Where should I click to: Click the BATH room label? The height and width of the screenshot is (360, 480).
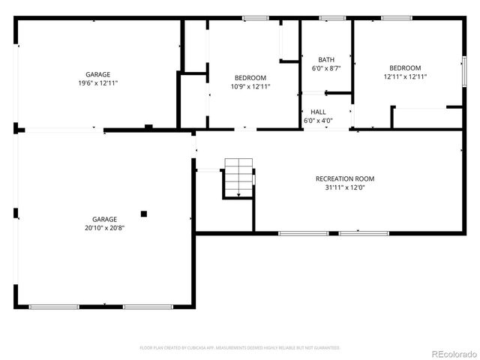point(326,60)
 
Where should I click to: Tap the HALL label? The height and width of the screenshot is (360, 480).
point(318,112)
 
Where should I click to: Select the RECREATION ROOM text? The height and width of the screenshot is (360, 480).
point(345,178)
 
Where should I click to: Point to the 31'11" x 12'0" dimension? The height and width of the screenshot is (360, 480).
point(345,187)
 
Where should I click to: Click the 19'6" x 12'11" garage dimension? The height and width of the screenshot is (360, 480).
point(97,82)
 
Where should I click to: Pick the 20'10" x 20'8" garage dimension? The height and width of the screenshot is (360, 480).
point(104,228)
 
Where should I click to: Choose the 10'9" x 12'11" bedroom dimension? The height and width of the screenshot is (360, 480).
point(250,86)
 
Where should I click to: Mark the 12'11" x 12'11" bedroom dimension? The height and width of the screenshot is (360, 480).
point(405,76)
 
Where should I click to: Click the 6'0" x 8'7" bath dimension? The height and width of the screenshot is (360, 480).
point(326,68)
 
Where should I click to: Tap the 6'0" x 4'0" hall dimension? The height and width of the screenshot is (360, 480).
point(318,120)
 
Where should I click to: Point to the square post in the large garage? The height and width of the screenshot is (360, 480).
point(144,213)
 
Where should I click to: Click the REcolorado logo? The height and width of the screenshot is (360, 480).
point(451,352)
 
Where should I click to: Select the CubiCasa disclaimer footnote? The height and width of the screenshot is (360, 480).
point(240,348)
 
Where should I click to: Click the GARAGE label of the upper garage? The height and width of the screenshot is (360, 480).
point(97,74)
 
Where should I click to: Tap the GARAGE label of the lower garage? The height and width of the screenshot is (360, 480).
point(104,220)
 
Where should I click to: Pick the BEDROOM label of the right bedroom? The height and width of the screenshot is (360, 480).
point(405,67)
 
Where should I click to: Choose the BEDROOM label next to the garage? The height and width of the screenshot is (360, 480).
point(250,78)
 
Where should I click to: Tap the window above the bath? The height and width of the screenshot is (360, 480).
point(328,18)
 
